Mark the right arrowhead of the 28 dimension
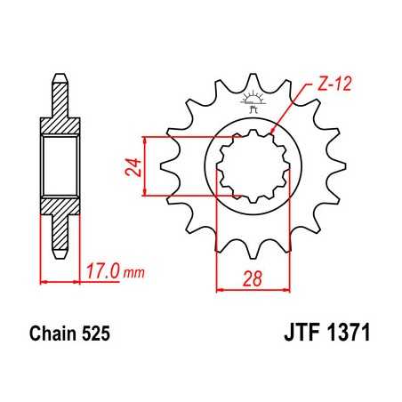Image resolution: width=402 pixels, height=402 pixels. pos(288,288)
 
